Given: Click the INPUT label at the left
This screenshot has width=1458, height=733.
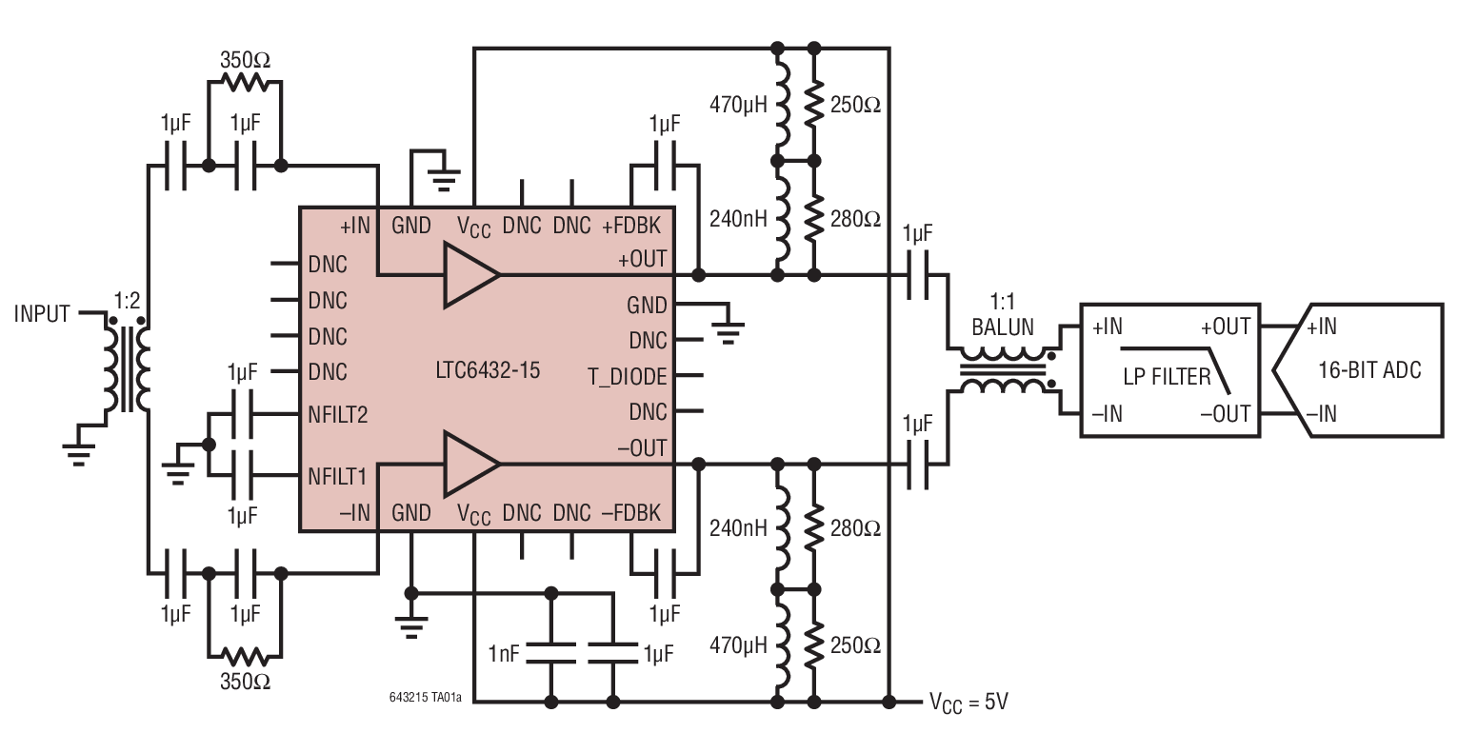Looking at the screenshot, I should coord(42,313).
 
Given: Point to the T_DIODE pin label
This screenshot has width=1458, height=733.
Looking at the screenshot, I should coord(628,377).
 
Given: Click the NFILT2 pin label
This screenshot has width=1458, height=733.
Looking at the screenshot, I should coord(337,415).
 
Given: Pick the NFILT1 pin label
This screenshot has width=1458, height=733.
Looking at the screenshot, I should coord(337,473).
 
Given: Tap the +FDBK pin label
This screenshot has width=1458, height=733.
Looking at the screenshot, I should coord(634,227).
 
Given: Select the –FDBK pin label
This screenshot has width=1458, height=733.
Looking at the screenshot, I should coord(631,513).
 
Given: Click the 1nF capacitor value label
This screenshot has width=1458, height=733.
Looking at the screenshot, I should coord(505,655).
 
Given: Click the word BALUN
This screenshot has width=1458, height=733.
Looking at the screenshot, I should coord(1002,327).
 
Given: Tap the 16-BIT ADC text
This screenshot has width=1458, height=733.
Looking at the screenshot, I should coord(1369,370).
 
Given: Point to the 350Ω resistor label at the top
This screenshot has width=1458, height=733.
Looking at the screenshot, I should coord(245,59).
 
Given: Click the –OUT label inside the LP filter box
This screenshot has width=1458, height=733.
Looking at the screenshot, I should coord(1224,413).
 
